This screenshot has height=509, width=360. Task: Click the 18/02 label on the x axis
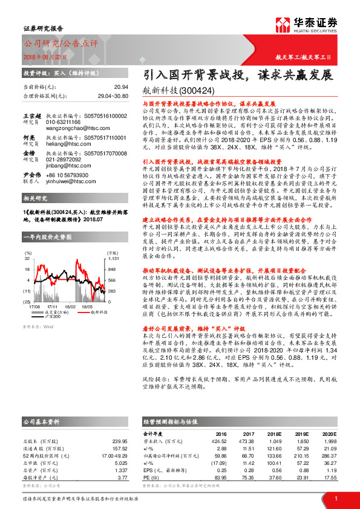pos(71,290)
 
